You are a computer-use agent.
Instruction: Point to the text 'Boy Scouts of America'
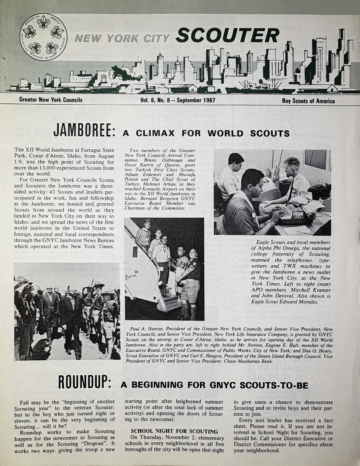tap(308, 101)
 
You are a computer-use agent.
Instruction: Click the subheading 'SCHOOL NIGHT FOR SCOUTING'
tap(175, 432)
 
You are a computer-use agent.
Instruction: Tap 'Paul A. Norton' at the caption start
tap(147, 328)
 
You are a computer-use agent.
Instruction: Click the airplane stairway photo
tap(164, 269)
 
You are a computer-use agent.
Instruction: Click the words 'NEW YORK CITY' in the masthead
tap(123, 37)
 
